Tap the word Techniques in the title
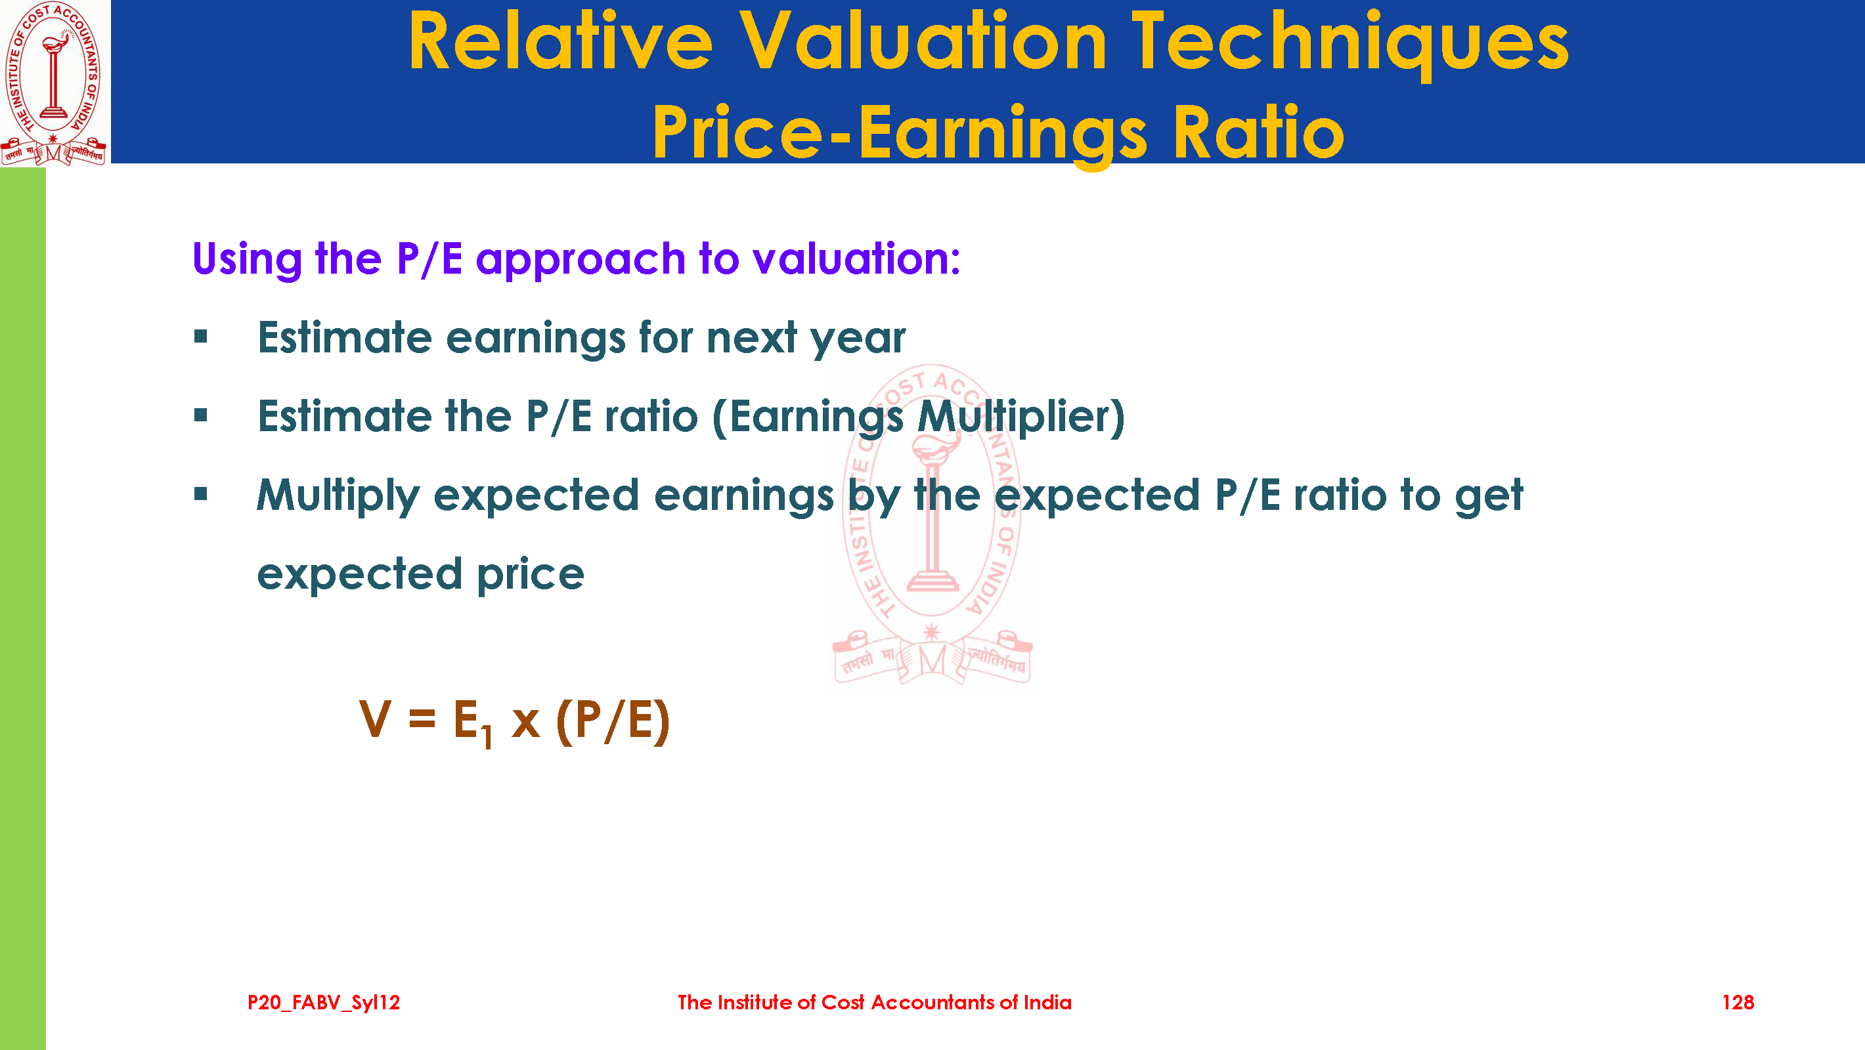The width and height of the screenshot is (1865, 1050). pos(1351,44)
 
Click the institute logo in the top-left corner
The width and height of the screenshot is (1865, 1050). pos(54,83)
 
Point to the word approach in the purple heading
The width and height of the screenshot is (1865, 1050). pos(581,260)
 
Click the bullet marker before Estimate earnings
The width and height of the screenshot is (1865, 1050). pos(200,337)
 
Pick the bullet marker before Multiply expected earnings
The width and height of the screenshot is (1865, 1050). pos(200,494)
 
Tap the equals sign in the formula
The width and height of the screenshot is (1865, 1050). pos(422,719)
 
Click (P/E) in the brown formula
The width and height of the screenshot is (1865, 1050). pos(613,721)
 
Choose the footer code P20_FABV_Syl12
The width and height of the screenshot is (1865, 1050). pos(324,1002)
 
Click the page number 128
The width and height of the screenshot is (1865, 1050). pos(1738,1002)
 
